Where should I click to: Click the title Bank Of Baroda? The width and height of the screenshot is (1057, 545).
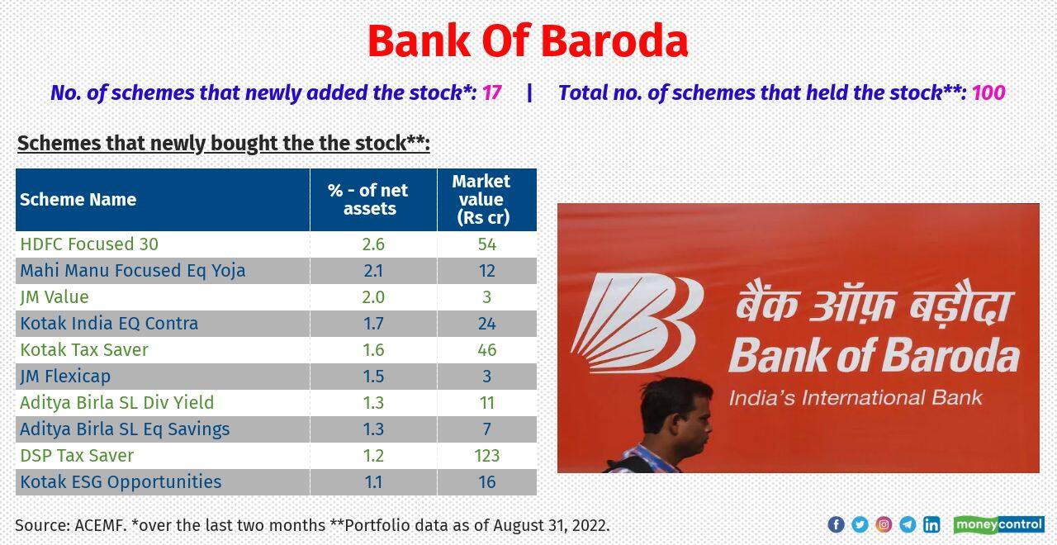[527, 41]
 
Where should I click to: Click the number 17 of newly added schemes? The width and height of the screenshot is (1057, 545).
[492, 92]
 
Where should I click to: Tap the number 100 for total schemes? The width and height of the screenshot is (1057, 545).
[988, 92]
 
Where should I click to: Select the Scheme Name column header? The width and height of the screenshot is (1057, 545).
[78, 200]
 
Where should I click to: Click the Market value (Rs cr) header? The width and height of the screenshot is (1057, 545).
[481, 200]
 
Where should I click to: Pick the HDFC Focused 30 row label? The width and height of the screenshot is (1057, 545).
[89, 244]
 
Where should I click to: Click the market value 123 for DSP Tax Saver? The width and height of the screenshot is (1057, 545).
[486, 456]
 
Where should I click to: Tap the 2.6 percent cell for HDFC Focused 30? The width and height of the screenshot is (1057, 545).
[373, 244]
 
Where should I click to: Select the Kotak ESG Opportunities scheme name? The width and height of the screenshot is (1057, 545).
[121, 482]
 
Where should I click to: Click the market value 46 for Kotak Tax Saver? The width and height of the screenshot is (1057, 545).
[486, 350]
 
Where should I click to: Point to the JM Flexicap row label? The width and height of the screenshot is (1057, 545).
[65, 377]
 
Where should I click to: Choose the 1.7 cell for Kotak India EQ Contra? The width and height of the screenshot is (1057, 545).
[373, 324]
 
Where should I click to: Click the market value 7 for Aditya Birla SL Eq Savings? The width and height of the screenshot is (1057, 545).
[486, 429]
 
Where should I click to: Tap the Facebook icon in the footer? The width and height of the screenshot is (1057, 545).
[836, 524]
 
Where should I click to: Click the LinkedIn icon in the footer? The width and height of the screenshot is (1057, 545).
[931, 524]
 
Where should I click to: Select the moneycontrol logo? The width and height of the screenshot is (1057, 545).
[998, 524]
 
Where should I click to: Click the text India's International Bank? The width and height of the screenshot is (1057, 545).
[856, 398]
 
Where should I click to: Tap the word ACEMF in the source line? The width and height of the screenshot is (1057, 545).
[101, 525]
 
